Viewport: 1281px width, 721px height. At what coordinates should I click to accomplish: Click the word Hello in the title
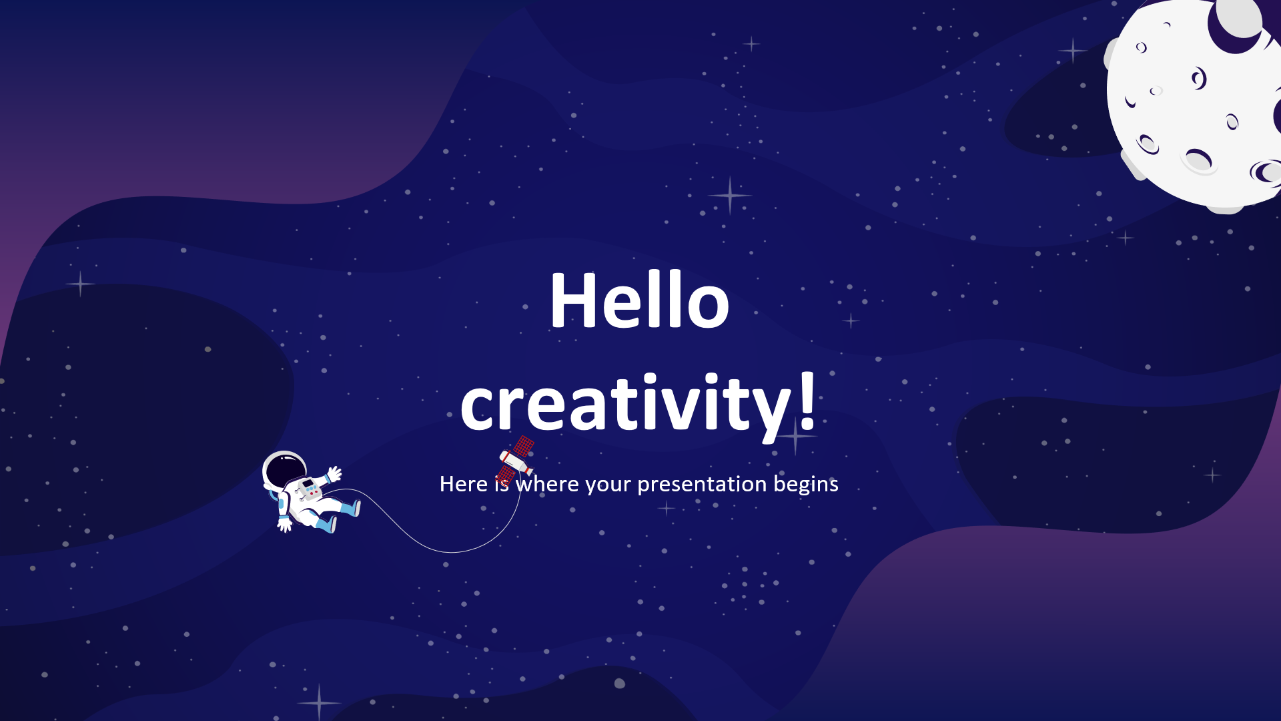click(x=639, y=300)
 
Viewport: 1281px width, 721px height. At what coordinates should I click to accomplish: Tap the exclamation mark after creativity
click(x=807, y=399)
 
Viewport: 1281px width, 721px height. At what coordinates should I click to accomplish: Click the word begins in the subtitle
click(x=806, y=484)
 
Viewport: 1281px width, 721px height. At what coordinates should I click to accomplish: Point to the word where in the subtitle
click(x=547, y=483)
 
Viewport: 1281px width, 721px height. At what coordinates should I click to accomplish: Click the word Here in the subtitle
click(x=464, y=483)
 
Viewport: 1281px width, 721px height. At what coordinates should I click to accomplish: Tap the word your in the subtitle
click(x=608, y=485)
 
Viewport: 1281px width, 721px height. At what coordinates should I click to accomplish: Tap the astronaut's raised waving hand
click(x=334, y=474)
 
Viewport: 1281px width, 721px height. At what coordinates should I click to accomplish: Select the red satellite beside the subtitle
click(x=515, y=460)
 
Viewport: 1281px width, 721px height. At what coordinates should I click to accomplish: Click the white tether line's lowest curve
click(x=452, y=552)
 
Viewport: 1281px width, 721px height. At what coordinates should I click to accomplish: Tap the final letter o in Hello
click(x=708, y=307)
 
